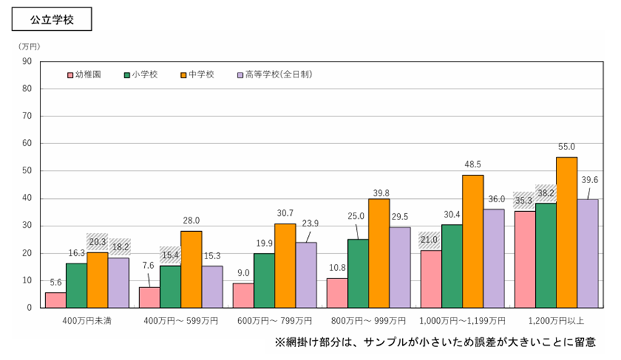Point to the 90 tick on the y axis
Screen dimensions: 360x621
click(x=27, y=61)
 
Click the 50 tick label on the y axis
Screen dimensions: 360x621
click(x=27, y=171)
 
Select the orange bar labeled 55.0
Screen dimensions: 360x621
click(x=567, y=232)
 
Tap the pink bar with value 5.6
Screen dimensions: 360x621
click(x=56, y=300)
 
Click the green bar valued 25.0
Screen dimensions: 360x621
click(x=358, y=274)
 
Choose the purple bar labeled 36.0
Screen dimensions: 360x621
click(x=493, y=259)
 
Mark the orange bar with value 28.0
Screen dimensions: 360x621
click(x=191, y=269)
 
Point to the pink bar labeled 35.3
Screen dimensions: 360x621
click(x=525, y=259)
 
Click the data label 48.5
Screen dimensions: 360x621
click(x=473, y=165)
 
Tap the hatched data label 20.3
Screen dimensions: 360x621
click(x=97, y=241)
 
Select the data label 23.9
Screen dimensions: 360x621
click(x=311, y=224)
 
